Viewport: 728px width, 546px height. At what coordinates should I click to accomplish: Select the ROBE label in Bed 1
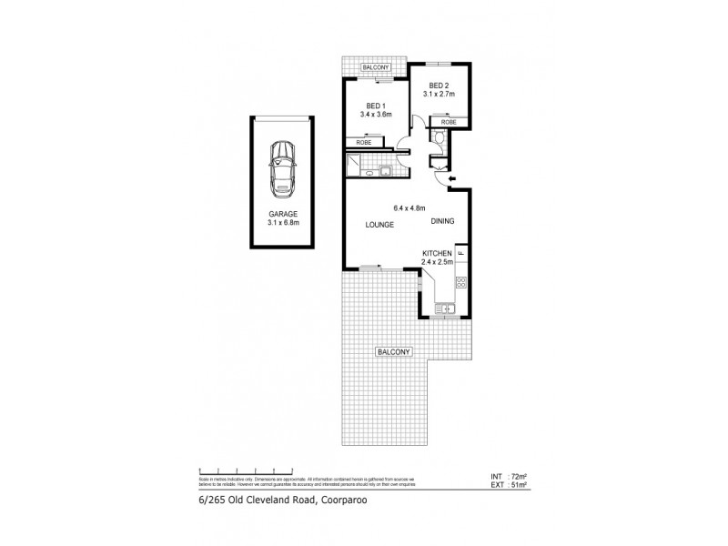364,143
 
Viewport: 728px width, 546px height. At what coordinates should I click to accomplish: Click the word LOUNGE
379,225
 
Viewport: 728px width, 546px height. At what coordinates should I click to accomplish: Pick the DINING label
442,222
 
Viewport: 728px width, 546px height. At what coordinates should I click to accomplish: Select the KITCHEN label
437,253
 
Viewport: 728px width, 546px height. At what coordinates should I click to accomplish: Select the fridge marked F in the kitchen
461,252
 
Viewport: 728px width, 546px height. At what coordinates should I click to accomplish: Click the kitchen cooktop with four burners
461,281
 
